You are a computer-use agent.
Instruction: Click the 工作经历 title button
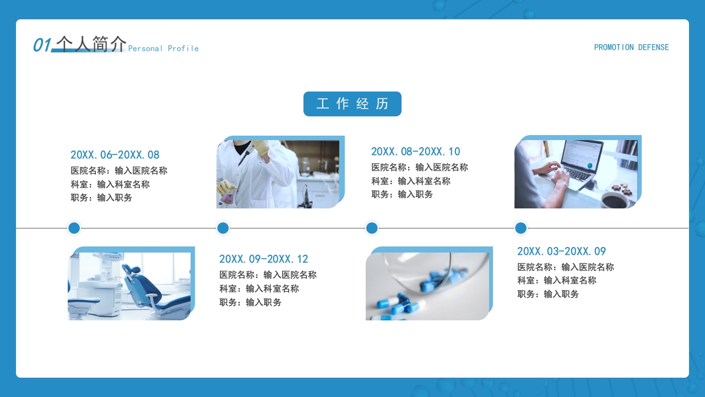pos(352,104)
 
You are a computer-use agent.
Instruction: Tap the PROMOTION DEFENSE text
pos(631,47)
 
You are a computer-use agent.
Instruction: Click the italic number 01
pos(42,45)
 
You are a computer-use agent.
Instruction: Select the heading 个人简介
pos(91,44)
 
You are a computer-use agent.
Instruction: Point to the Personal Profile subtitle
pos(164,49)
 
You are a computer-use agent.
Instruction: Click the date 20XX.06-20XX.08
pos(115,155)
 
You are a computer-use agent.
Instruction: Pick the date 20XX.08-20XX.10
pos(416,152)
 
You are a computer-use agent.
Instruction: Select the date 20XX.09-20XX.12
pos(264,259)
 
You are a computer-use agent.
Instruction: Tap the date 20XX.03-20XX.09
pos(561,251)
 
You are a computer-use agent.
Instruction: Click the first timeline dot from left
pos(74,228)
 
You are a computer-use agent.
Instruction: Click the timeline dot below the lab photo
pos(223,228)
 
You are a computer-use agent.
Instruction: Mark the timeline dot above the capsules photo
pos(372,228)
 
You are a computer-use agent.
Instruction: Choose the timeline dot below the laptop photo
pos(520,228)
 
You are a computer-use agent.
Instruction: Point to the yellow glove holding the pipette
pos(259,147)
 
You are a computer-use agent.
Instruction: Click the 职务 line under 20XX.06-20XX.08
pos(101,197)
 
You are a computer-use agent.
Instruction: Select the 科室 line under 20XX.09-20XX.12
pos(259,288)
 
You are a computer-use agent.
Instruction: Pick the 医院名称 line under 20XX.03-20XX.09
pos(566,267)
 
